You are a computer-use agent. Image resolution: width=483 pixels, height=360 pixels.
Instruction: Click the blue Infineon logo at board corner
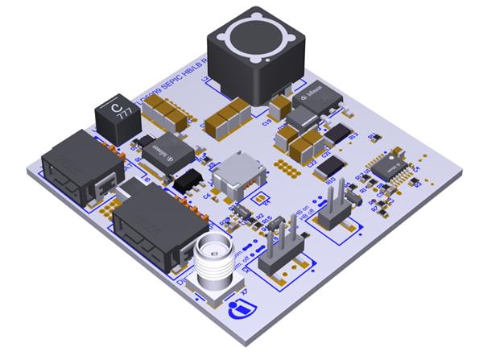tap(241, 308)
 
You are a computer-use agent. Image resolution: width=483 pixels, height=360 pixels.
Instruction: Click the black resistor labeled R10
tap(332, 167)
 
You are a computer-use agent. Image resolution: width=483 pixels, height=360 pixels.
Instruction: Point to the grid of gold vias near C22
tap(284, 165)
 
